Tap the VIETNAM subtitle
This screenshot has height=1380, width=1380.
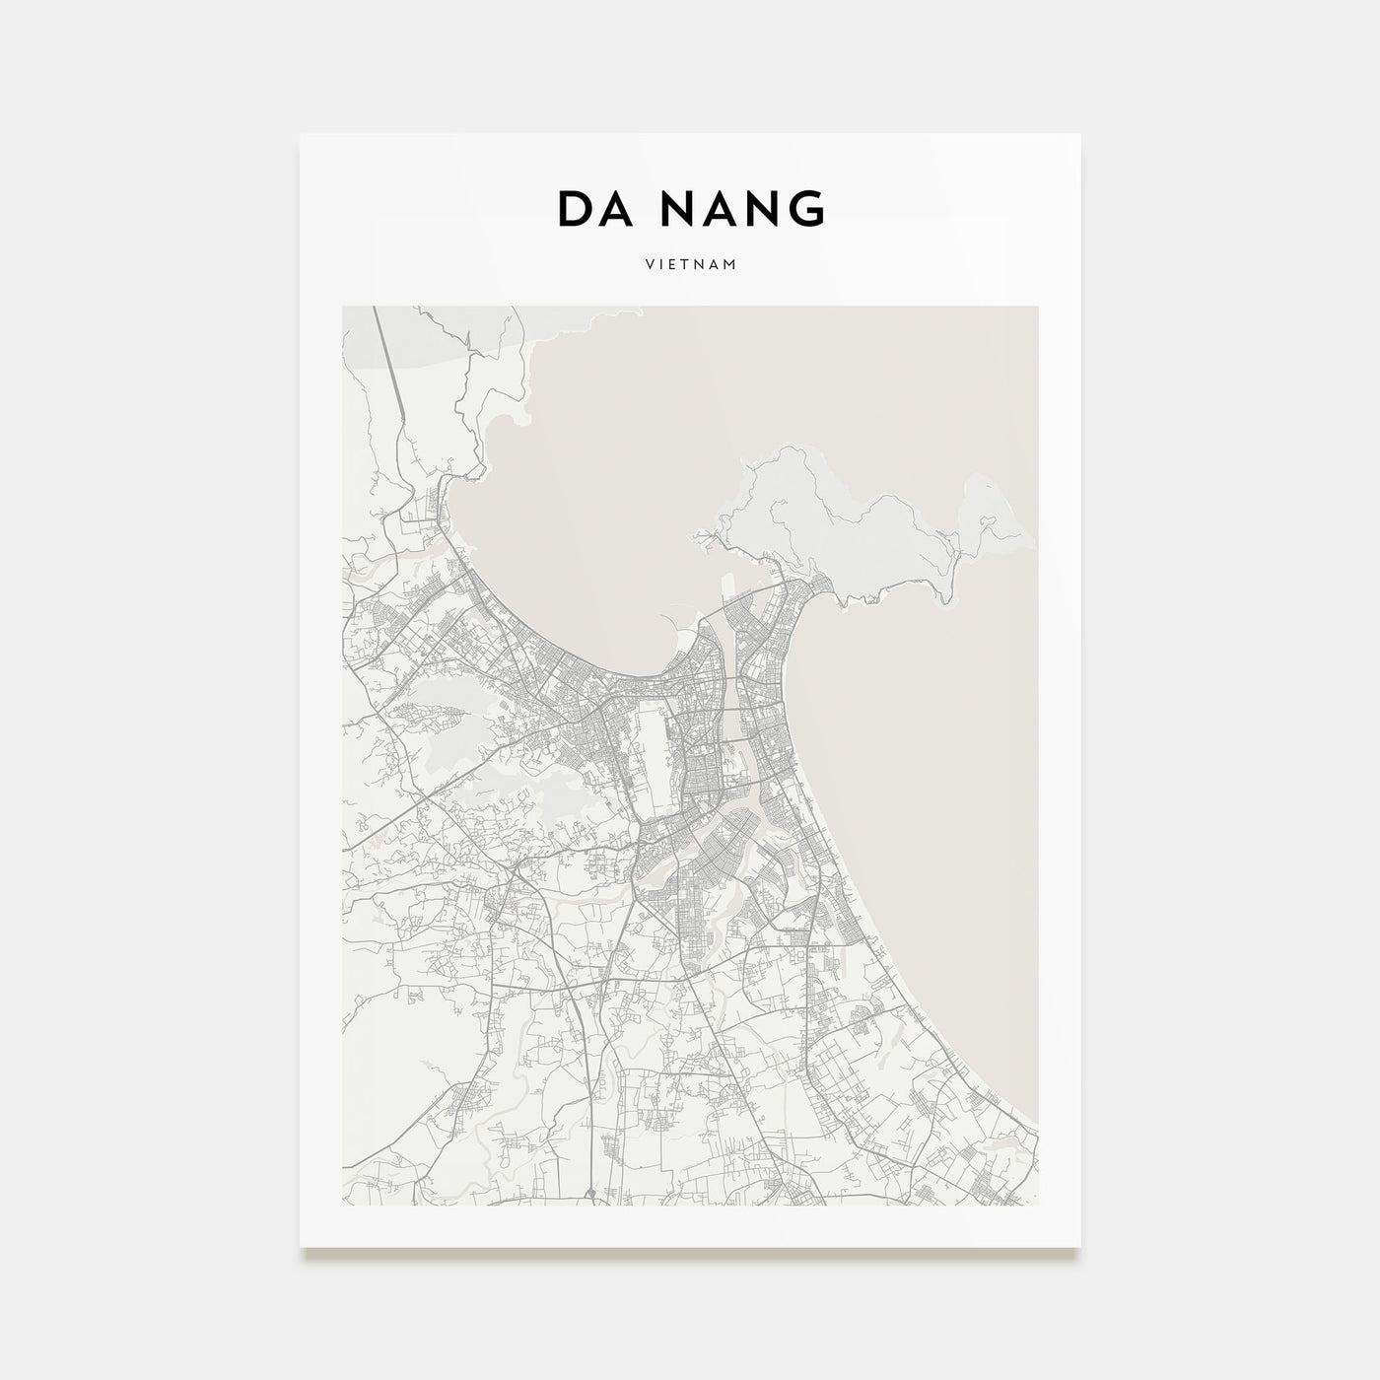[x=690, y=265]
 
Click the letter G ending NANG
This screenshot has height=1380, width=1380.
[x=805, y=209]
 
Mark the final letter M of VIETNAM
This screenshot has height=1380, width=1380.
[x=732, y=265]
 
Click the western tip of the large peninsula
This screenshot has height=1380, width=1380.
[x=702, y=536]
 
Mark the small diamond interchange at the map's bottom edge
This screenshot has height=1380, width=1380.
[x=588, y=1195]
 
